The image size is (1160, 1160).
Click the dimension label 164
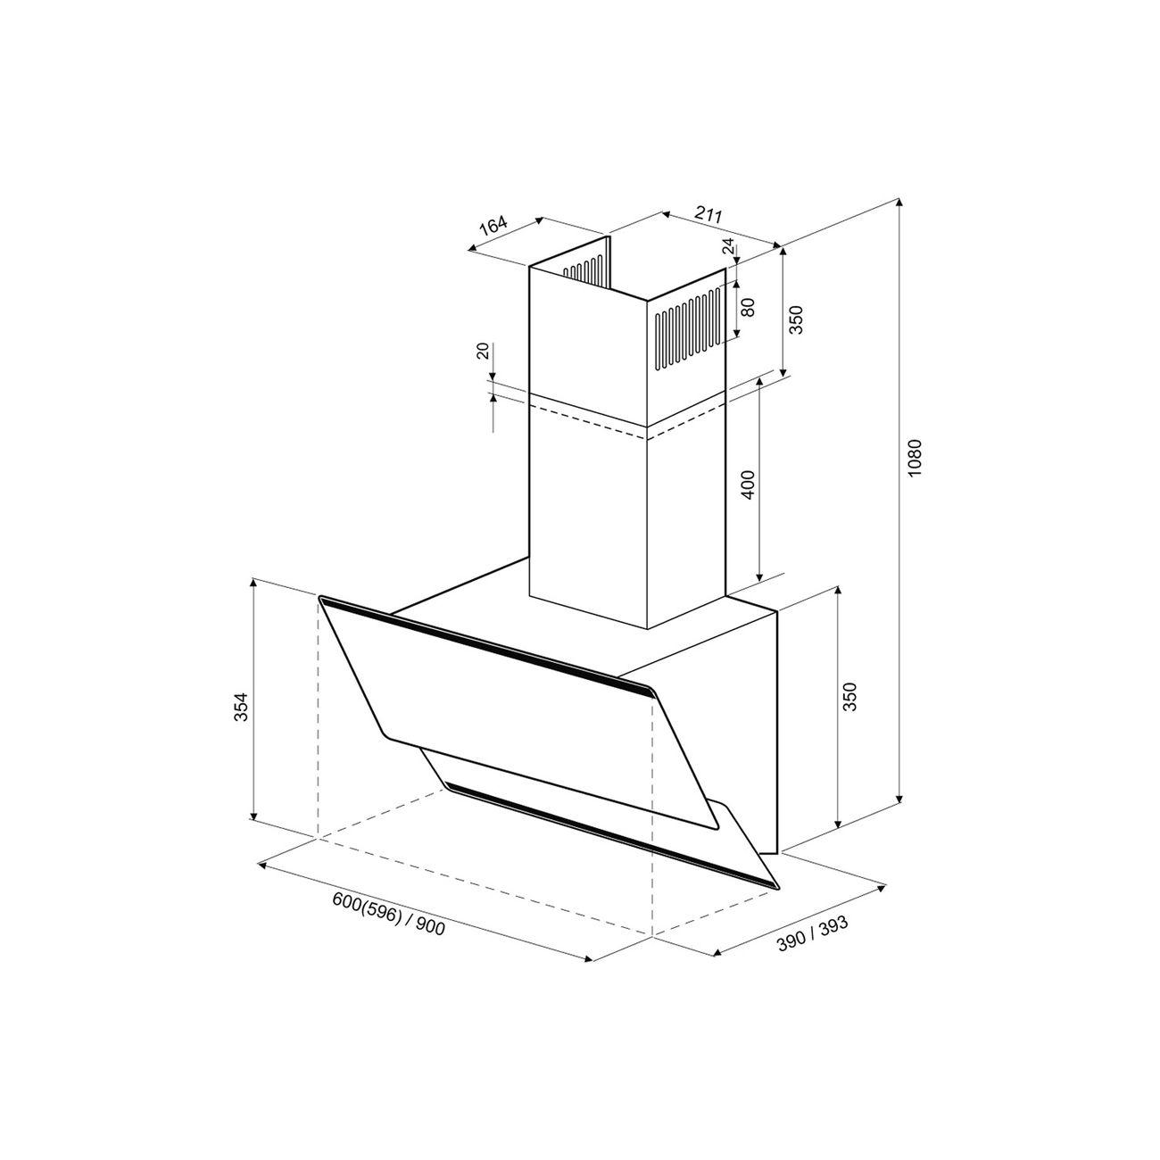[493, 226]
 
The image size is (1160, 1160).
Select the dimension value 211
[708, 213]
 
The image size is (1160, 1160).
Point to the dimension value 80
[748, 308]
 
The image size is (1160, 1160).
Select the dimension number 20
[483, 351]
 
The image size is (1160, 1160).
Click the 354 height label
[240, 708]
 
